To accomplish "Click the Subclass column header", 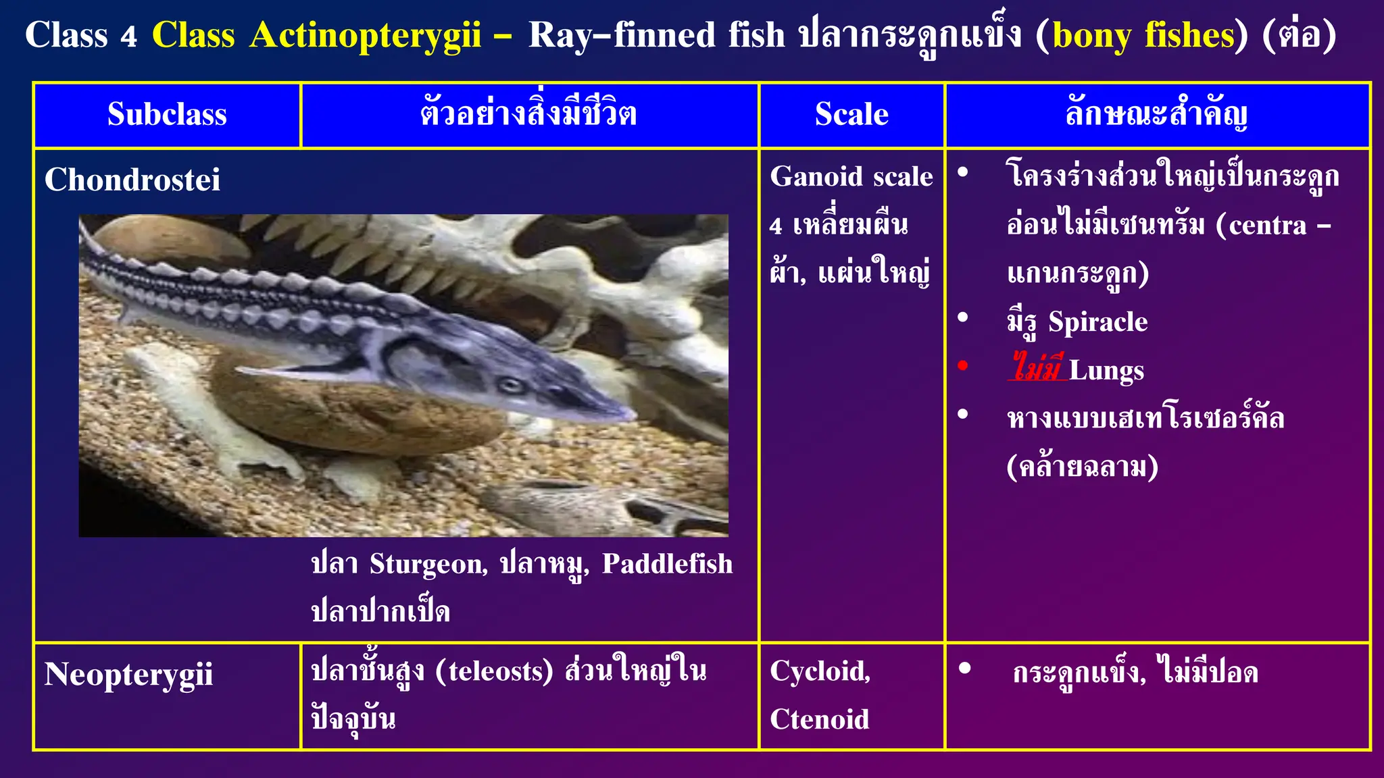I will coord(167,114).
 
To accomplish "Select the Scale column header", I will coord(851,114).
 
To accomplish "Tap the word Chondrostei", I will coord(132,180).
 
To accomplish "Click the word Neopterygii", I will coord(128,674).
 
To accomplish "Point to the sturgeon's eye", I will coord(510,386).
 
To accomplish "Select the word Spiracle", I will coord(1097,322).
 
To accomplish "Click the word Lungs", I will coord(1106,371).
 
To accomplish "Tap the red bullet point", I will coord(963,366).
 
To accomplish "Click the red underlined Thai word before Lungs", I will coord(1037,368).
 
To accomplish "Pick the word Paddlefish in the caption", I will coord(667,564).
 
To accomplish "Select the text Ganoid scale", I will coord(851,177).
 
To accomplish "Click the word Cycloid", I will coord(820,671).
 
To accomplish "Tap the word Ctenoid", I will coord(819,719).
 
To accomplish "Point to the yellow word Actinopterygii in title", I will coord(365,35).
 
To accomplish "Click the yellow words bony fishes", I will coord(1143,35).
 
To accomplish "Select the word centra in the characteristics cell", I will coord(1268,226).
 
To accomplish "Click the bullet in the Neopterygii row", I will coord(964,669).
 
